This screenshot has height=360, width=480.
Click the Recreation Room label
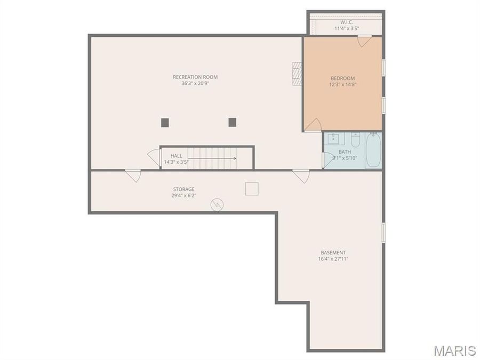tap(195, 77)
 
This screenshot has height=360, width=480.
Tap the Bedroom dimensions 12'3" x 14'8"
tap(342, 85)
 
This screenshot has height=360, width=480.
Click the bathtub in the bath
tap(373, 150)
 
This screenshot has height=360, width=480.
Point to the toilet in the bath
tap(355, 140)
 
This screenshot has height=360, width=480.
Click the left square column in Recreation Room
tap(165, 123)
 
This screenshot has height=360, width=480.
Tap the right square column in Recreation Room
tap(232, 122)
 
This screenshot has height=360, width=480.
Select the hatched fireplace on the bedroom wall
tap(297, 74)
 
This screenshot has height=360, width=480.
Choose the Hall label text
tap(176, 156)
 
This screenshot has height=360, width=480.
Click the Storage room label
tap(183, 189)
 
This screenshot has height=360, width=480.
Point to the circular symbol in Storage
tap(217, 204)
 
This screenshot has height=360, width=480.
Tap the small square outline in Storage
tap(252, 189)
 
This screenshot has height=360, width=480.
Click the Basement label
tap(333, 253)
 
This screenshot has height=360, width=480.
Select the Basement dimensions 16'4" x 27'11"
tap(333, 259)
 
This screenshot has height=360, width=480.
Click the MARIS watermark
tap(454, 350)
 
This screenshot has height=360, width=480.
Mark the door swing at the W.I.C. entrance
tap(364, 41)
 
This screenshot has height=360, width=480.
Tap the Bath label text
tap(345, 152)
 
